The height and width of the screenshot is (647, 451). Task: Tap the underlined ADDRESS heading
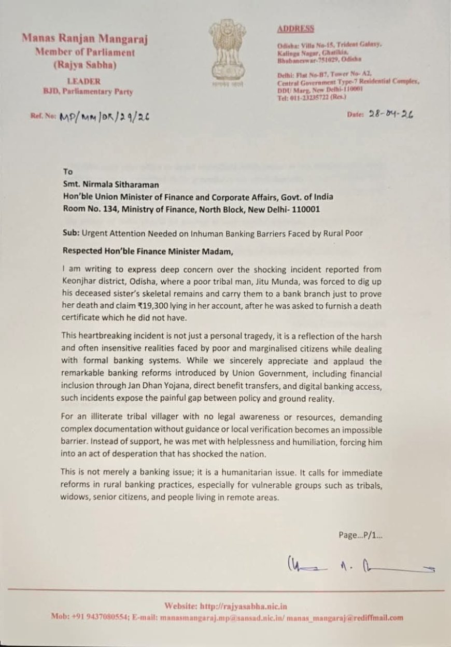point(295,29)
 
